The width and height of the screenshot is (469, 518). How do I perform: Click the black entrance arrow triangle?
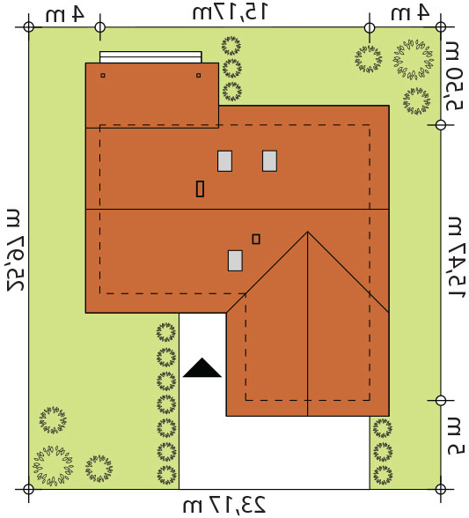(202, 369)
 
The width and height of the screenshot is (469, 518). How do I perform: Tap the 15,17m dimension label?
(230, 12)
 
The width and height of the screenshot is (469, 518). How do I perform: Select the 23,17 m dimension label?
(224, 505)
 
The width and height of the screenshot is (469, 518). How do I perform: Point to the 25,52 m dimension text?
(16, 250)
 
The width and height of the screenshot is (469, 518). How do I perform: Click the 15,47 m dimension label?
(456, 257)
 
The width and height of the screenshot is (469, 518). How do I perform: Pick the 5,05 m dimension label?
(454, 76)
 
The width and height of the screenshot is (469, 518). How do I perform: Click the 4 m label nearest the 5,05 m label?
(410, 13)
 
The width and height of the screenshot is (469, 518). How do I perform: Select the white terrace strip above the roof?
(150, 56)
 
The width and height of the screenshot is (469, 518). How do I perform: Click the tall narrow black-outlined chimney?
(200, 189)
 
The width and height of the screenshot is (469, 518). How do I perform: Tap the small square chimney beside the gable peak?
(256, 239)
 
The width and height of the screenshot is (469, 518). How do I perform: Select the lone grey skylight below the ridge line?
(235, 261)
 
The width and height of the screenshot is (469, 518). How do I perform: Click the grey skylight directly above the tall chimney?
(224, 161)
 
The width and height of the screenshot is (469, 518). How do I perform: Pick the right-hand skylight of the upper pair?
(269, 161)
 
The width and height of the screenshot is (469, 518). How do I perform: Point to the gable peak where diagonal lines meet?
(308, 232)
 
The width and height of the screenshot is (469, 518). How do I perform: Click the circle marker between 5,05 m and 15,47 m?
(441, 125)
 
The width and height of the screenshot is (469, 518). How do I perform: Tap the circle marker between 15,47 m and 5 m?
(441, 400)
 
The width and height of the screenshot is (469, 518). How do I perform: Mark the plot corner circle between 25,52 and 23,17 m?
(29, 489)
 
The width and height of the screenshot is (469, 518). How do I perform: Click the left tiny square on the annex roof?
(103, 76)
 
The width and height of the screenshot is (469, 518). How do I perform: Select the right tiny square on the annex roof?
(198, 76)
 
